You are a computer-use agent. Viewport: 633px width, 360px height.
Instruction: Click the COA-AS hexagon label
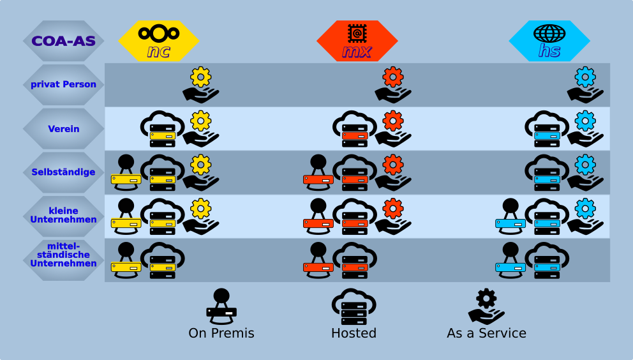point(63,41)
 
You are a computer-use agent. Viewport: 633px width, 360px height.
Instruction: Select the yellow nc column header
point(158,41)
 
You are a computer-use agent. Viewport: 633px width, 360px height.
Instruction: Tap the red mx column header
point(357,41)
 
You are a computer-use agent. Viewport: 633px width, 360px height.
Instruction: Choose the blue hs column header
point(549,41)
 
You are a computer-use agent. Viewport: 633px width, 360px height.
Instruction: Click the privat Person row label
point(63,84)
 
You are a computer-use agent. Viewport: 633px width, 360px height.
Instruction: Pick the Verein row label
point(63,129)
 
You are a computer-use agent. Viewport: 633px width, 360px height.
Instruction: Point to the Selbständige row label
point(63,172)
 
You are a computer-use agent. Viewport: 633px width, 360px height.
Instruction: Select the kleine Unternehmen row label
point(63,215)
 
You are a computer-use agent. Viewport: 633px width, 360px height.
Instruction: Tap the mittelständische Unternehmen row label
point(63,255)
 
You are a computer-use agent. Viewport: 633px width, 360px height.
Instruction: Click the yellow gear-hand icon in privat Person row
point(200,85)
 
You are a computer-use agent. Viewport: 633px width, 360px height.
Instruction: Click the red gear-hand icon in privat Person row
point(392,85)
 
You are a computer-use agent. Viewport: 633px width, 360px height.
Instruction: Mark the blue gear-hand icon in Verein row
point(585,129)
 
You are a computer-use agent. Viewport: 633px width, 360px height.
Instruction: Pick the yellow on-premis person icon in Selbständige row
point(126,172)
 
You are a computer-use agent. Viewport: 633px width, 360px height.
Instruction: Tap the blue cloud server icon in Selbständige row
point(547,172)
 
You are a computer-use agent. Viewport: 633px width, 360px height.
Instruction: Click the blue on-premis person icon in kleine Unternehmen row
point(510,216)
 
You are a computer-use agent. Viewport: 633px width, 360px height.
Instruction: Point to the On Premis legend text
point(221,333)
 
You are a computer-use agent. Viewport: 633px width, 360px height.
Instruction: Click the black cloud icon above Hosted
point(354,307)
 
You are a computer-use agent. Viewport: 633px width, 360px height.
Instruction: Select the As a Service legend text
point(486,333)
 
